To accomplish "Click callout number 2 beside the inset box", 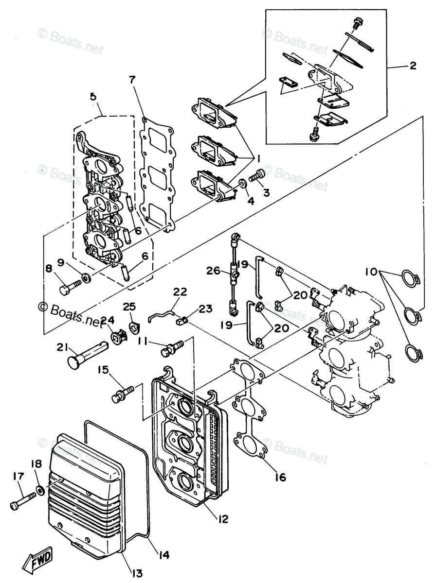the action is pyautogui.click(x=413, y=66).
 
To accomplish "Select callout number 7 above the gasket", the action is pyautogui.click(x=132, y=79).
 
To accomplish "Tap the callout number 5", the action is pyautogui.click(x=93, y=97).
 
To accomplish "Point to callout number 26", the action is pyautogui.click(x=213, y=271).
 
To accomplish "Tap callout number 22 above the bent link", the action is pyautogui.click(x=180, y=292).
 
